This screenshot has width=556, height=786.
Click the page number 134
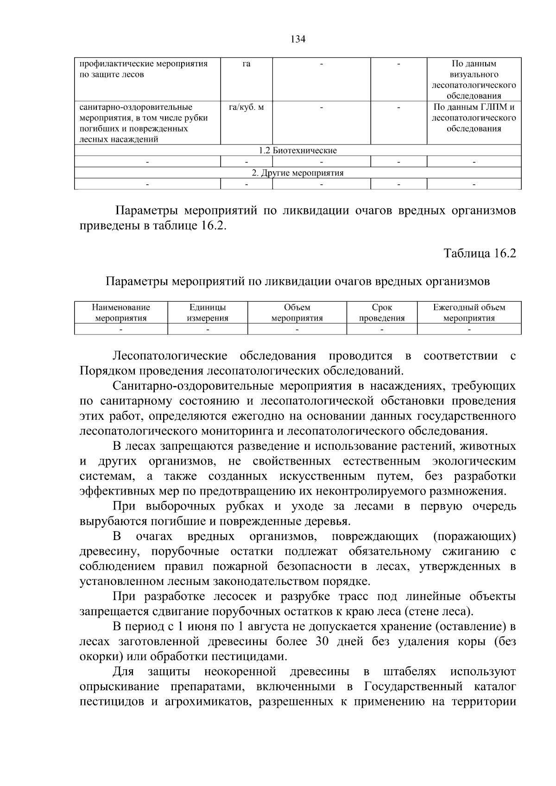(298, 39)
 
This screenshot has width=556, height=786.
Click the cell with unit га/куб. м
(246, 107)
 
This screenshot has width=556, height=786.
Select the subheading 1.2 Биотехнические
(297, 151)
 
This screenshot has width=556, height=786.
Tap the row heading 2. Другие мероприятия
(297, 173)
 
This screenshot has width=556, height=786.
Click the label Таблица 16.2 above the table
(480, 253)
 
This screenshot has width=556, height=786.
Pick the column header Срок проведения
(382, 313)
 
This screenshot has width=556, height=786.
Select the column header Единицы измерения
(208, 313)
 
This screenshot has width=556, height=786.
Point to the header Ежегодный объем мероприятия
(469, 313)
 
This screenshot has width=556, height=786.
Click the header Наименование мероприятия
(121, 313)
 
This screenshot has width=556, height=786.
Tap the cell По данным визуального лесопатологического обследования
(474, 80)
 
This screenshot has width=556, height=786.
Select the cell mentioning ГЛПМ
(474, 118)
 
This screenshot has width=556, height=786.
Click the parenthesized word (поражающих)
(474, 537)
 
